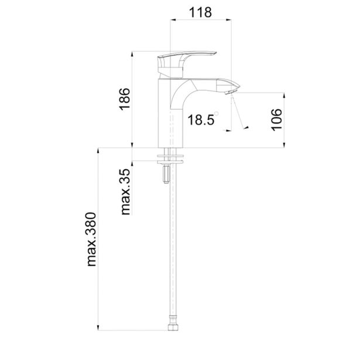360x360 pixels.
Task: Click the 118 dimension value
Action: (200, 12)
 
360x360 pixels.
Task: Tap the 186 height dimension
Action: (125, 99)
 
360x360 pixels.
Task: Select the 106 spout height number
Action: (277, 120)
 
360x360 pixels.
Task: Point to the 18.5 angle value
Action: (201, 119)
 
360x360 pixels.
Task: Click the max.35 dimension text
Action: (126, 192)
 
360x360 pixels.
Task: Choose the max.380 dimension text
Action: (91, 239)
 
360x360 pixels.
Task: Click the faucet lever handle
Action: (187, 64)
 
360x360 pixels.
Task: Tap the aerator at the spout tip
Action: (229, 92)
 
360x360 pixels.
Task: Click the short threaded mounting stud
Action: (166, 174)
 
